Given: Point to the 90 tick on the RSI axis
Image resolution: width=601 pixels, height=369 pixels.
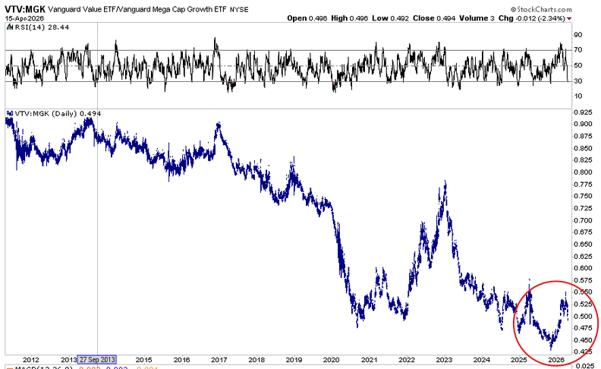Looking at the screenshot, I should [x=577, y=35].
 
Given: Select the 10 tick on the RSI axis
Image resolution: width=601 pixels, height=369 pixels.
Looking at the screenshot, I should [x=577, y=96].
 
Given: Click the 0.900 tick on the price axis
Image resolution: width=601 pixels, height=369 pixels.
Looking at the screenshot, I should [x=584, y=125].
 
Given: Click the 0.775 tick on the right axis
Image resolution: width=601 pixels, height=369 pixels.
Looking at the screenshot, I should [x=584, y=184].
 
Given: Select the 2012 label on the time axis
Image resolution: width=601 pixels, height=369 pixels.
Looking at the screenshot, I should [x=31, y=360].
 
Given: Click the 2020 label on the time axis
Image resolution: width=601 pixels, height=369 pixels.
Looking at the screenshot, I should [x=332, y=360].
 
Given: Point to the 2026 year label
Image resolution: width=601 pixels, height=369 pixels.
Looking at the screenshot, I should [x=555, y=360].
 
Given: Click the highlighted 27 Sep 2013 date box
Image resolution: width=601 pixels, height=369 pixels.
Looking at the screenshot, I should [x=98, y=360].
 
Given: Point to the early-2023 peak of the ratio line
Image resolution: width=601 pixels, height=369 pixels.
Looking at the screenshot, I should [x=444, y=182].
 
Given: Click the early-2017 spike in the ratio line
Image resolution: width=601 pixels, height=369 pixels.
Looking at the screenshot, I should [x=219, y=123].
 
